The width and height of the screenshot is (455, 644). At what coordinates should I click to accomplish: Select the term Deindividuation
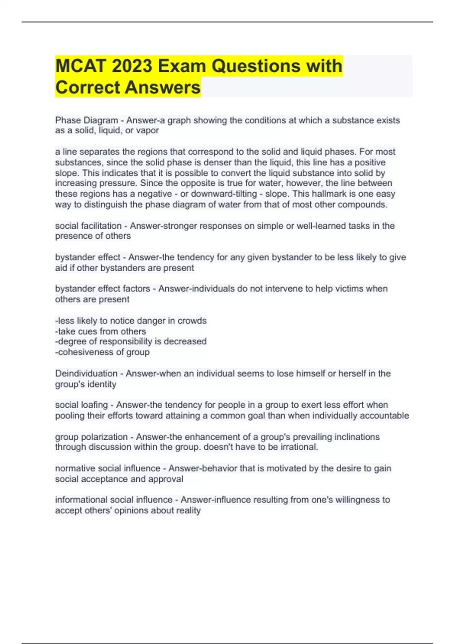click(86, 374)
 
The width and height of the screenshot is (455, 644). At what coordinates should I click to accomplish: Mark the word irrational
click(299, 447)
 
